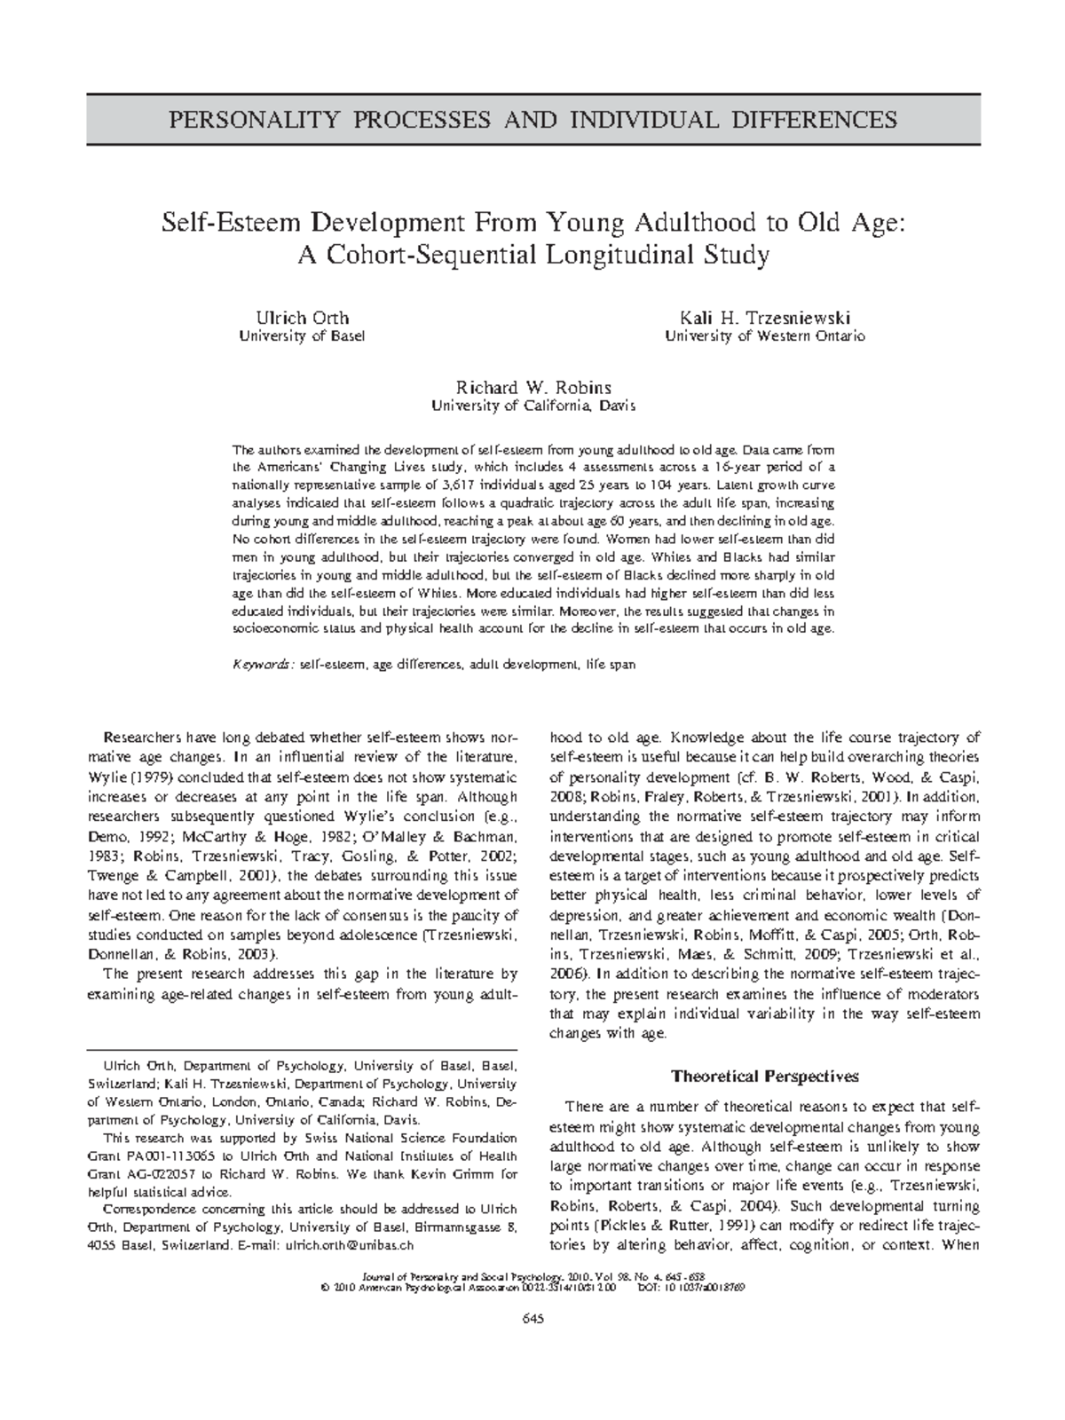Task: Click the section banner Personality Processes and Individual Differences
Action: [532, 120]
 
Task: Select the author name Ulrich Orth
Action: [302, 317]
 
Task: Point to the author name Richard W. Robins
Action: [532, 387]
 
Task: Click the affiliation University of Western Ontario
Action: [764, 336]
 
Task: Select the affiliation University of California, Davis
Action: [532, 406]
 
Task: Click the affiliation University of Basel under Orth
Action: [302, 336]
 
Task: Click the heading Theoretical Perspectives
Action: [764, 1077]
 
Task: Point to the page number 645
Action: [532, 1318]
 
